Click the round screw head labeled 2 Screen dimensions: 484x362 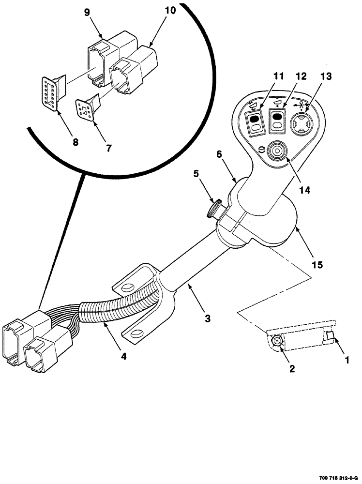(x=277, y=341)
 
